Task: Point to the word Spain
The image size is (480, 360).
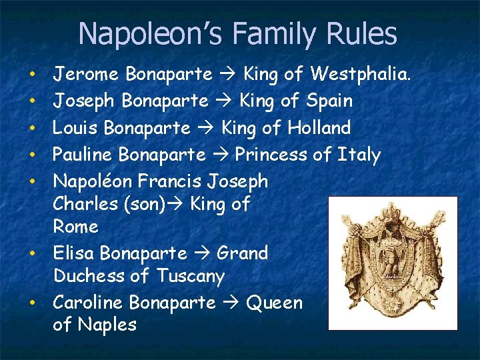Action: tap(330, 101)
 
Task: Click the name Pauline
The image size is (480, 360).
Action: tap(83, 155)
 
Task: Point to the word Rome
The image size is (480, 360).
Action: tap(75, 227)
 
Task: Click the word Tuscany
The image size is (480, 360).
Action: tap(191, 276)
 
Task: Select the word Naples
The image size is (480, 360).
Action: tap(107, 325)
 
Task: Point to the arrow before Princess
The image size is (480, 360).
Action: tap(221, 155)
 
